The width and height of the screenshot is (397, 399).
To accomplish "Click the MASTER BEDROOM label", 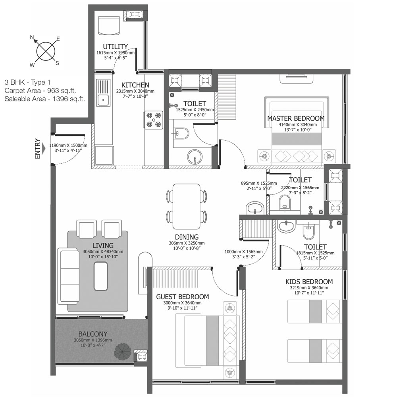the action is point(296,118).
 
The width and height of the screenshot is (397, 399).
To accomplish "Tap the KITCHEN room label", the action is point(135,85).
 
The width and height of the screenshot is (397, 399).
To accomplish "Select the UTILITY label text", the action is point(116,46).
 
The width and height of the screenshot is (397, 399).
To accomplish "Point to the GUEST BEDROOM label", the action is point(183,297).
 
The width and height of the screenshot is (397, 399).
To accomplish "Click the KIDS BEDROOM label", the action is point(309,282).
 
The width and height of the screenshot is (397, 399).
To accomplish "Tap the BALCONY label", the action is point(93,334).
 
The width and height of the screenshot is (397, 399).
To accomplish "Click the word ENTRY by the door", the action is point(38,149).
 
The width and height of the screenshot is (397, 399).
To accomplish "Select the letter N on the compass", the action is point(32,37).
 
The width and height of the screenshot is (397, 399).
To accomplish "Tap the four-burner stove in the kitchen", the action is point(154,120).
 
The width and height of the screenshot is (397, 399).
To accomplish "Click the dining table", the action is point(186,207).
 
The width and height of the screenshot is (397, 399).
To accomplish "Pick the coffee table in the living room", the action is point(101,276).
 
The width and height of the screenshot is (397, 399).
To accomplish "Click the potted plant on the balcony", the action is point(123,352).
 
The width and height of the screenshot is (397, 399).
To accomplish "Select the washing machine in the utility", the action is point(109,25).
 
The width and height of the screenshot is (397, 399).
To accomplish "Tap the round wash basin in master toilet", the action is point(195,157).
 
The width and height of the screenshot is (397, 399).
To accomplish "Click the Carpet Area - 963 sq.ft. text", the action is point(40,91).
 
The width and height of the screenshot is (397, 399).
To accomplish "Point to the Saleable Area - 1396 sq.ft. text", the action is point(45,99).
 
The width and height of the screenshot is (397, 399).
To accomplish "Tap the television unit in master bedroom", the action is point(296,78).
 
